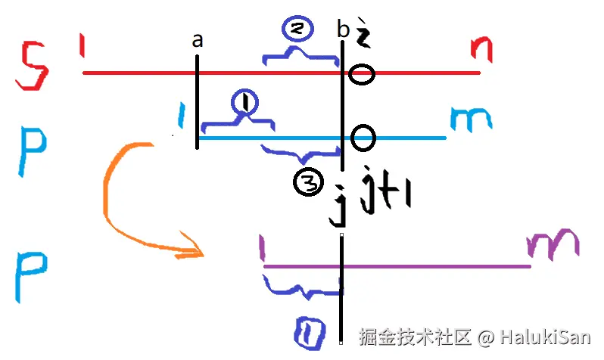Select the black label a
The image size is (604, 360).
click(x=198, y=41)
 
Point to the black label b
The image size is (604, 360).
click(x=344, y=31)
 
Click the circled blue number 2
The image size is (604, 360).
click(x=300, y=28)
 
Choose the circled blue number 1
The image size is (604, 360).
click(x=244, y=101)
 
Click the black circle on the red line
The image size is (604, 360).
click(x=363, y=74)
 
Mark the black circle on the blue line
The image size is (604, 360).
click(x=364, y=138)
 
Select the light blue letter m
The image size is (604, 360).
click(x=471, y=119)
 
